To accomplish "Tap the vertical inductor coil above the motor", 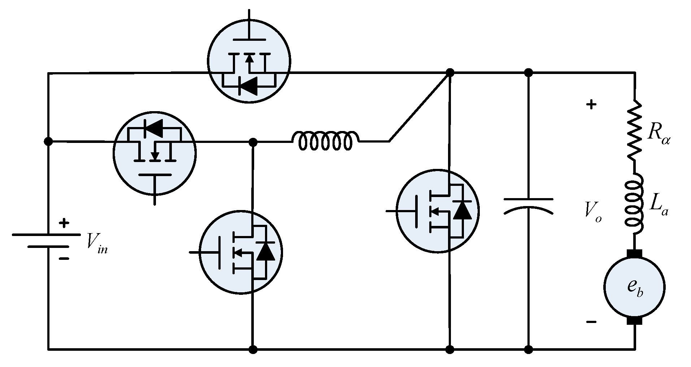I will tap(634, 204).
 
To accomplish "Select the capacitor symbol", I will tap(528, 206).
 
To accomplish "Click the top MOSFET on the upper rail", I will tap(249, 62).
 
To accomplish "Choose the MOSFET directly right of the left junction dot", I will tap(155, 153).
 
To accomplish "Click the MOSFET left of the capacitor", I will tap(438, 211).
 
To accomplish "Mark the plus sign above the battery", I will tap(64, 223).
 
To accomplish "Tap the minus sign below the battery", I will tap(64, 258).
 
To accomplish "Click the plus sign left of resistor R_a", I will tap(591, 105).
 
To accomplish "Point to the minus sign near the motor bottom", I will tap(591, 322).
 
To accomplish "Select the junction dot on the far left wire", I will tap(48, 141).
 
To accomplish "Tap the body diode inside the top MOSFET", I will tap(249, 86).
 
